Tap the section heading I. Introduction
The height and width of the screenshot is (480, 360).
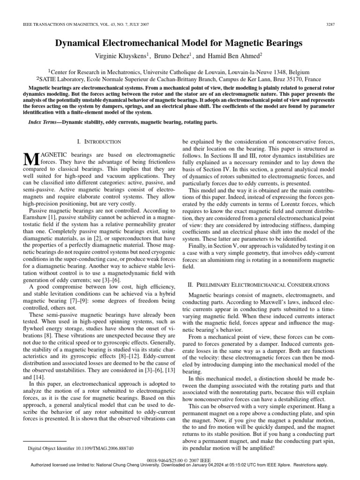98,142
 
